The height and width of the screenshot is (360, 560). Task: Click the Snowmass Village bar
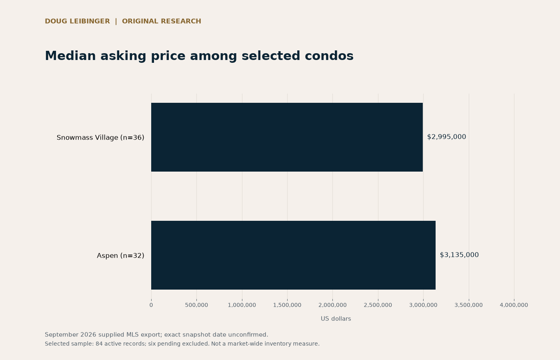(287, 137)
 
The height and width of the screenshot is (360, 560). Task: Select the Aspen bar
(293, 255)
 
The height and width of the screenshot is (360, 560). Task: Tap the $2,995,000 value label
(446, 137)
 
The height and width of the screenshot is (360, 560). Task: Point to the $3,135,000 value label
(459, 255)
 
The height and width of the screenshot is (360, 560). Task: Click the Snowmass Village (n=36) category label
(100, 138)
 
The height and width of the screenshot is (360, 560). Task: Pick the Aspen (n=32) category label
(120, 256)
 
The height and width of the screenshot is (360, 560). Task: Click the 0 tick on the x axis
(151, 305)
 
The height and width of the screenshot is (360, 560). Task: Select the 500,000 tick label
(196, 305)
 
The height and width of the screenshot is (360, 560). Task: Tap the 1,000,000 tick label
(242, 305)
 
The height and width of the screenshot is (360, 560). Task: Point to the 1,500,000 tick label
(287, 305)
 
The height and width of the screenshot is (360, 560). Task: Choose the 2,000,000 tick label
(332, 305)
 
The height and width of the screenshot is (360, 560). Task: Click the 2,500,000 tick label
(378, 305)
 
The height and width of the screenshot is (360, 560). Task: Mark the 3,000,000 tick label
(423, 305)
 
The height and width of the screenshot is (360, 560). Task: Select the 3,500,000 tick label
(469, 305)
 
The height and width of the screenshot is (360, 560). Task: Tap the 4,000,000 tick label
(514, 305)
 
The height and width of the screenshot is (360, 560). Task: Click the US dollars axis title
(336, 319)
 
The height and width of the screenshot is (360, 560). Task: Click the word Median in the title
(70, 56)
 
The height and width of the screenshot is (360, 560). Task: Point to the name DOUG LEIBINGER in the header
(77, 21)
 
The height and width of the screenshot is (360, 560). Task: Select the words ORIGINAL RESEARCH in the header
(162, 21)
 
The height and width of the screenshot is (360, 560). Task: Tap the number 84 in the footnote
(99, 344)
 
